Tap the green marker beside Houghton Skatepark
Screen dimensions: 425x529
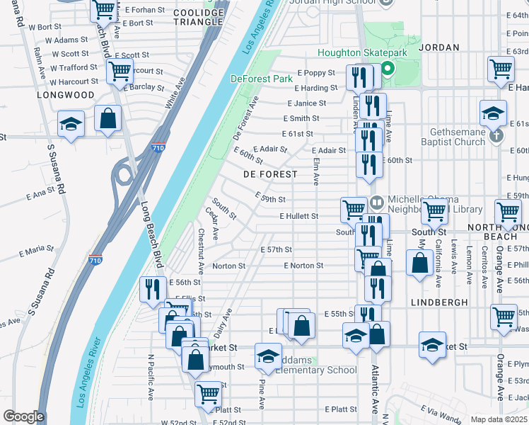point(387,69)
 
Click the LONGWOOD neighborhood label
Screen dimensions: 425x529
point(70,94)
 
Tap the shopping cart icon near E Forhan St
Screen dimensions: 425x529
point(104,10)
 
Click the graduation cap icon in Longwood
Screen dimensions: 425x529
point(71,125)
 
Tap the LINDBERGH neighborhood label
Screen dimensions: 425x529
point(438,302)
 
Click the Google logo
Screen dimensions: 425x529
point(23,416)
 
